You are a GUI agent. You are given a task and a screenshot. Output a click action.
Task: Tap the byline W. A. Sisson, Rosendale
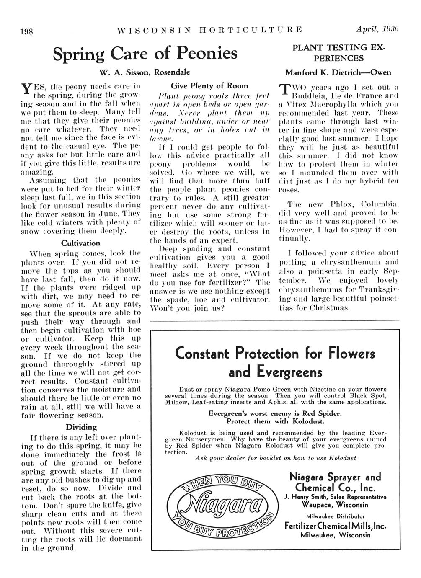pyautogui.click(x=145, y=72)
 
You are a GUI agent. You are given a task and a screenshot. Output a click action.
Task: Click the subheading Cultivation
pyautogui.click(x=80, y=243)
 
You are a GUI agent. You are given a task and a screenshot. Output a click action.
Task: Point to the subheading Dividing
pyautogui.click(x=81, y=427)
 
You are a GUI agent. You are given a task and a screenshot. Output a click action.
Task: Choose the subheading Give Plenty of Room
pyautogui.click(x=209, y=85)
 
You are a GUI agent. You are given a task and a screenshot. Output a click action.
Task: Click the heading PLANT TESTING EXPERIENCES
pyautogui.click(x=339, y=53)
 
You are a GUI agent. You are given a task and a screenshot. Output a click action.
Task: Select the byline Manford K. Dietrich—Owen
pyautogui.click(x=338, y=72)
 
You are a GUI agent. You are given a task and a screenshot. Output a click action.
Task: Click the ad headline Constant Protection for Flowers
pyautogui.click(x=275, y=354)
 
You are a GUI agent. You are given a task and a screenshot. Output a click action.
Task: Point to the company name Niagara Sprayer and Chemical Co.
pyautogui.click(x=335, y=483)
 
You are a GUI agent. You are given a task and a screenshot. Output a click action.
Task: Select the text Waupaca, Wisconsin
pyautogui.click(x=335, y=504)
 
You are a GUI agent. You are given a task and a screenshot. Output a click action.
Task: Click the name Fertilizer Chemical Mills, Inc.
pyautogui.click(x=335, y=526)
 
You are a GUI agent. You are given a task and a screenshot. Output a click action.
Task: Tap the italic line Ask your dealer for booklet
pyautogui.click(x=276, y=458)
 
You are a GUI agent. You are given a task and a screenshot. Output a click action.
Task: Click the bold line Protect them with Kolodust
pyautogui.click(x=275, y=421)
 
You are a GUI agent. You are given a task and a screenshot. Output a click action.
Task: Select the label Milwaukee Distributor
pyautogui.click(x=335, y=516)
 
